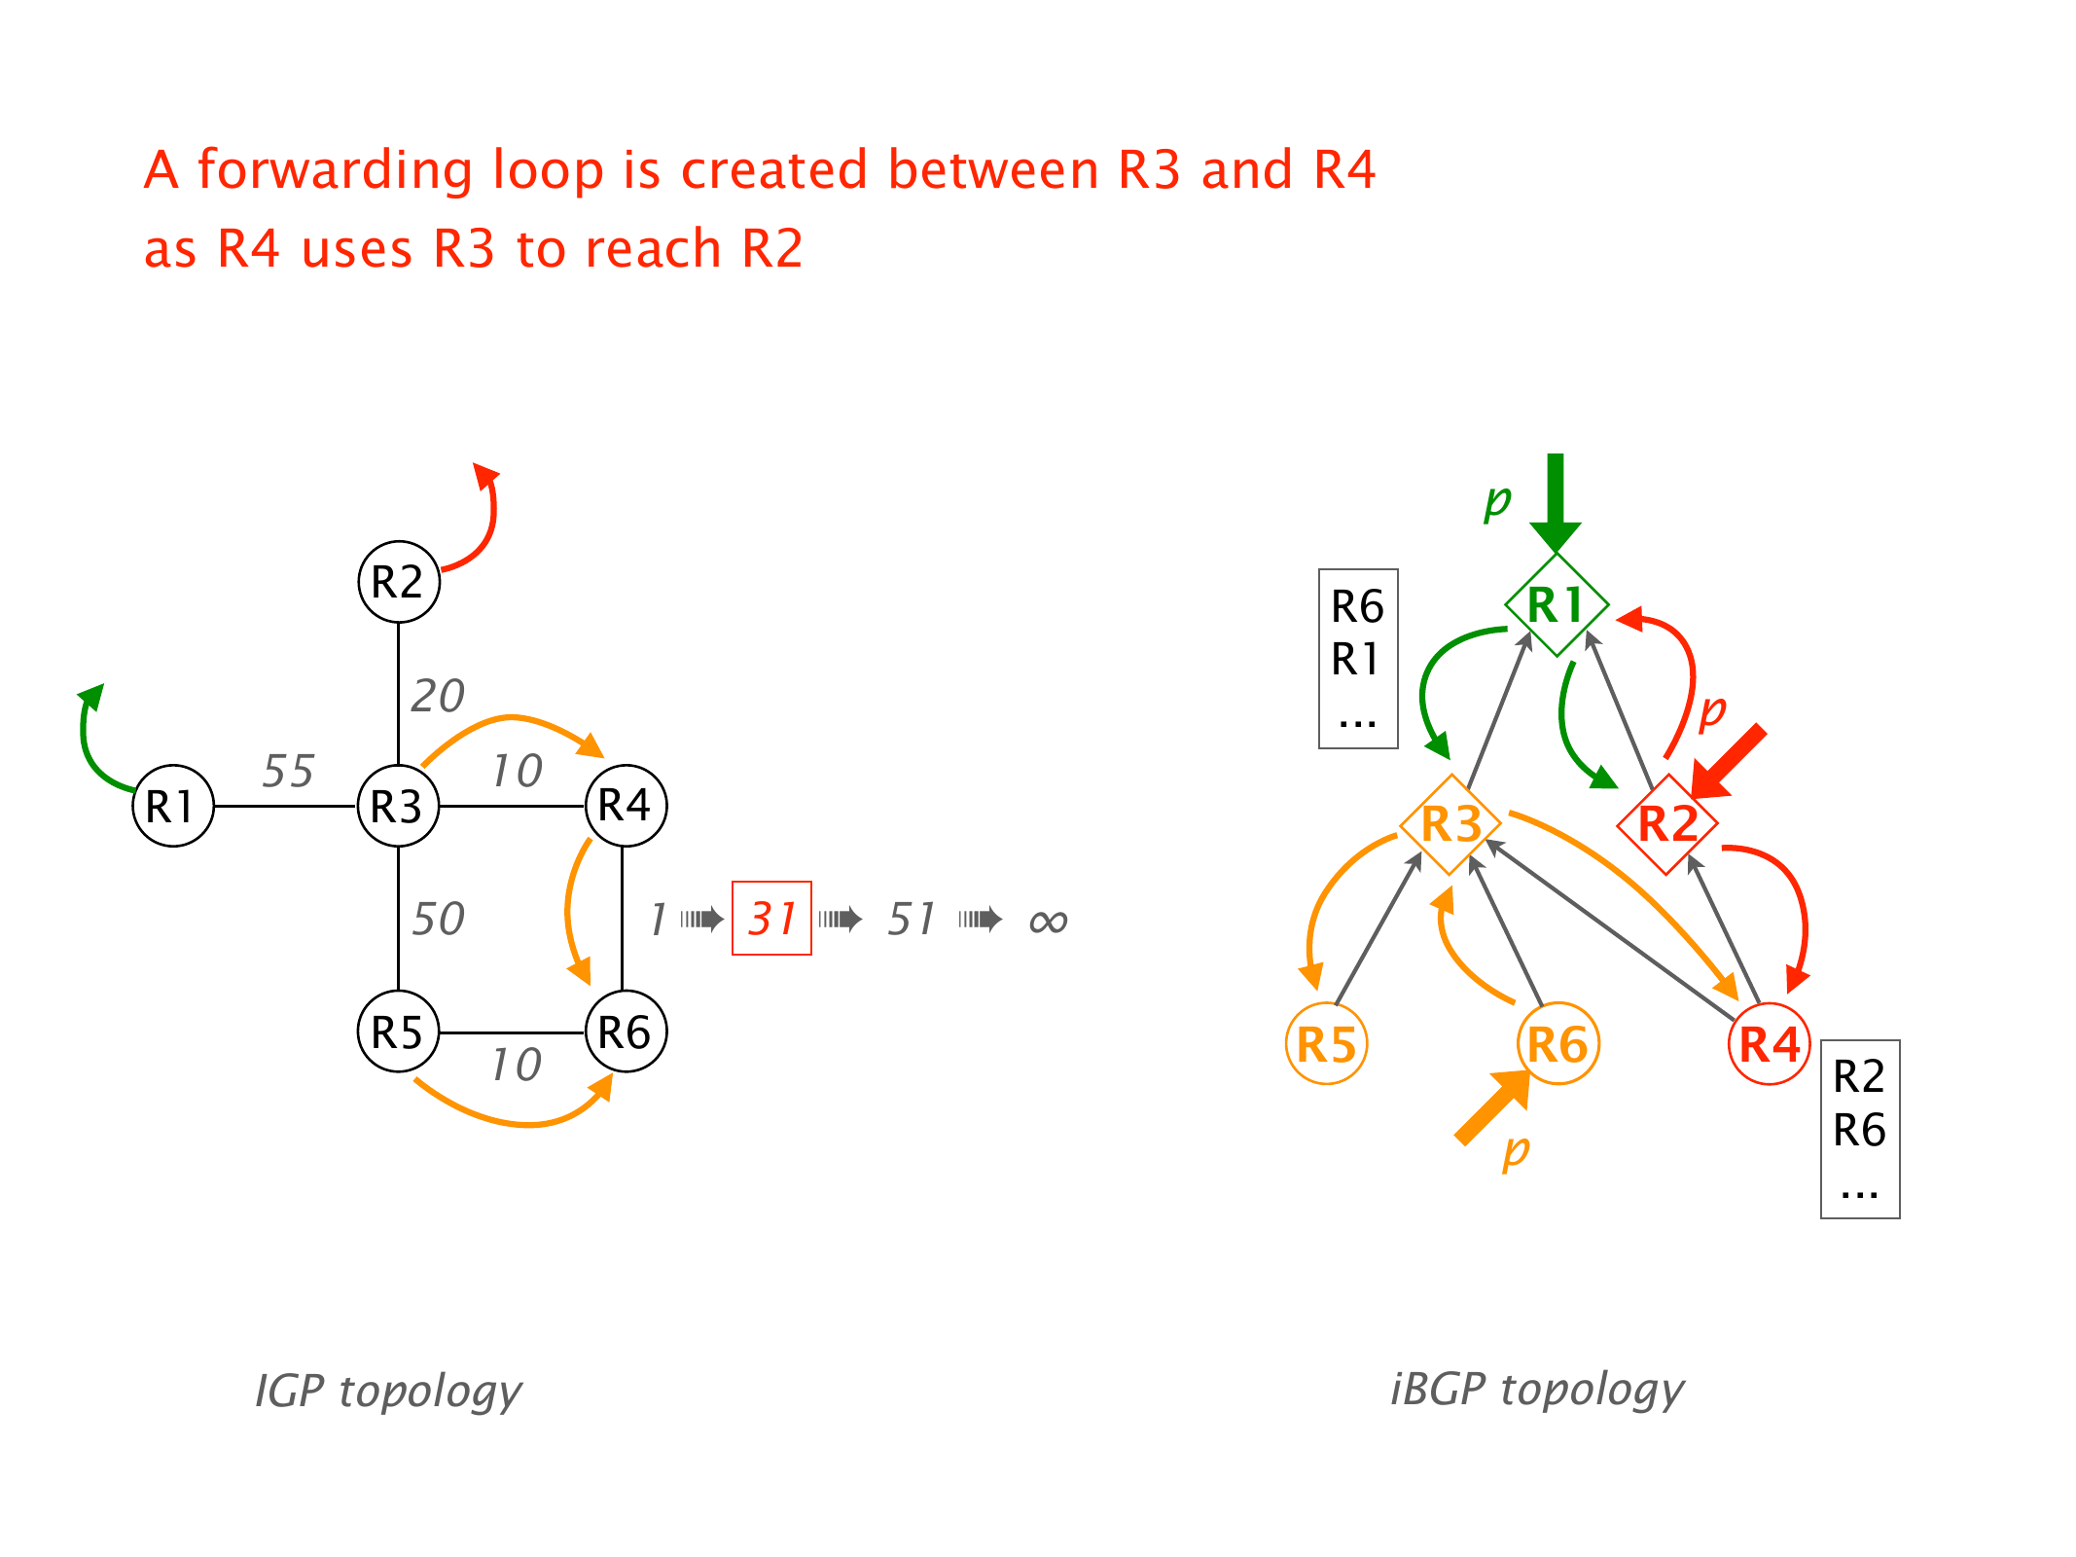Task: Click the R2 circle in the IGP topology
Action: pyautogui.click(x=399, y=582)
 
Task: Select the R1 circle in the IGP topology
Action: pyautogui.click(x=173, y=806)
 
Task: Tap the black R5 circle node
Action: pyautogui.click(x=399, y=1032)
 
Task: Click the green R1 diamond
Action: pyautogui.click(x=1556, y=604)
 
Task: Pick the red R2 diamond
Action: pyautogui.click(x=1667, y=824)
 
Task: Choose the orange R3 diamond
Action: pyautogui.click(x=1450, y=824)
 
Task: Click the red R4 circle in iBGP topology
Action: pyautogui.click(x=1770, y=1044)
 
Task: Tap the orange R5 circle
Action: pyautogui.click(x=1327, y=1044)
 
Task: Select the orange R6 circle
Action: pyautogui.click(x=1557, y=1044)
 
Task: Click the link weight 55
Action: pyautogui.click(x=288, y=771)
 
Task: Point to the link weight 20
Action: pyautogui.click(x=438, y=696)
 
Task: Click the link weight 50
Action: pyautogui.click(x=438, y=919)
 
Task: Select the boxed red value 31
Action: pyautogui.click(x=771, y=919)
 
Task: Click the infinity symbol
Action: pyautogui.click(x=1048, y=921)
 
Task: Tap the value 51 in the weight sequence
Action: pyautogui.click(x=911, y=919)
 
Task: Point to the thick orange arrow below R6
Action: pyautogui.click(x=1491, y=1108)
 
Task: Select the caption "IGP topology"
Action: pyautogui.click(x=388, y=1391)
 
